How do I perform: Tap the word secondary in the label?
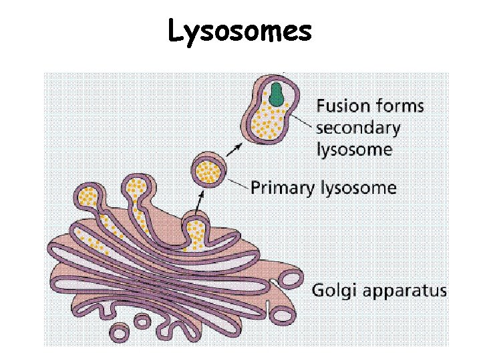358,127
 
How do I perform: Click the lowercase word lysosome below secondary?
354,148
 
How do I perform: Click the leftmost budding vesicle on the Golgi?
89,196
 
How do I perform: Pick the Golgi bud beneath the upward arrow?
196,231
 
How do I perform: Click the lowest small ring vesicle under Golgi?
120,332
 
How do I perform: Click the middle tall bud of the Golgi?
138,188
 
